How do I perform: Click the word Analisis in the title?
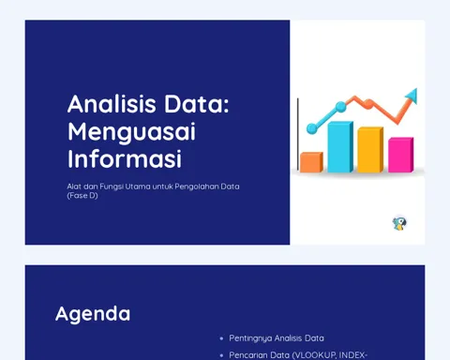coord(112,104)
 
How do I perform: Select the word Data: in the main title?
coord(197,104)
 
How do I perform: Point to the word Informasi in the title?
coord(125,159)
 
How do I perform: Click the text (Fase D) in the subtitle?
coord(82,196)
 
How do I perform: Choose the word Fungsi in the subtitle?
coord(112,187)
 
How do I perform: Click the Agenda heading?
coord(93,314)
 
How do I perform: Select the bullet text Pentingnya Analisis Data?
coord(277,338)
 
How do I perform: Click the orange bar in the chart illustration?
coord(311,162)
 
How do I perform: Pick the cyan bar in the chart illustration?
coord(340,147)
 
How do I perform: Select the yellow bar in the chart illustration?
coord(370,150)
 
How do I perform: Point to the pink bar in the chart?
coord(401,155)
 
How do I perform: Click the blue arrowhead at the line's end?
coord(412,96)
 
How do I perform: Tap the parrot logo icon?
coord(399,223)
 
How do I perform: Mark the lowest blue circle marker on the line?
coord(311,128)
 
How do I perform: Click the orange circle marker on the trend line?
coord(368,104)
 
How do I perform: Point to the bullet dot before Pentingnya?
coord(221,338)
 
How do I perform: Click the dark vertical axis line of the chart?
coord(298,134)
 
